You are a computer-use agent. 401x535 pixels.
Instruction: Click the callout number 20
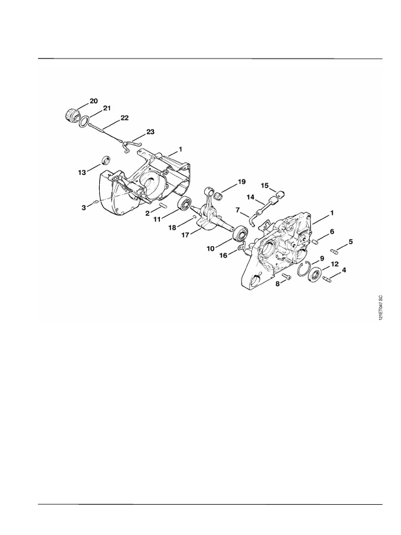click(93, 100)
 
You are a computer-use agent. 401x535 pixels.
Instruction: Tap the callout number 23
click(150, 132)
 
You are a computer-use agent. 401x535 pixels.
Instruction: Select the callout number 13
click(82, 173)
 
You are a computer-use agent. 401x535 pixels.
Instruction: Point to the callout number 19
click(241, 181)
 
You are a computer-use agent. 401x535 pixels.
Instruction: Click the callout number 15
click(264, 185)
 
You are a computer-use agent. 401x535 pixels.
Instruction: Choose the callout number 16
click(223, 255)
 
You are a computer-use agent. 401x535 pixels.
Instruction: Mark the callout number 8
click(278, 283)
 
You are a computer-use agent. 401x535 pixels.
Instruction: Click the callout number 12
click(335, 264)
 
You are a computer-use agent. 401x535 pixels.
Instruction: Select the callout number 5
click(350, 241)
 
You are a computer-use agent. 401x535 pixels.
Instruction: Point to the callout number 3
click(84, 208)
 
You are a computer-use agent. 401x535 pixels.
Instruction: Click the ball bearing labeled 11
click(184, 205)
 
